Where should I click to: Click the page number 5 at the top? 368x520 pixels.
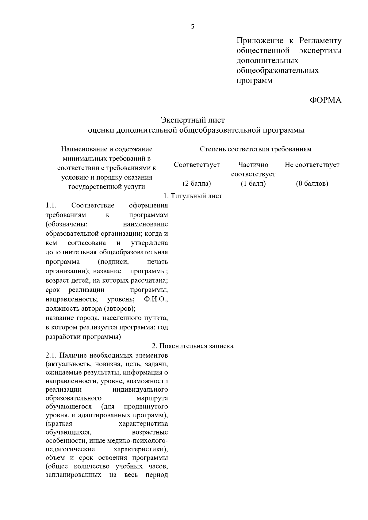[x=193, y=27]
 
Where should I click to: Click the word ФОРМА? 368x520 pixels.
[x=325, y=100]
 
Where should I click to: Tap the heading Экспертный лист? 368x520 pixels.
[x=193, y=120]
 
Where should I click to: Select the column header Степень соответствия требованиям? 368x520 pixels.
[x=255, y=149]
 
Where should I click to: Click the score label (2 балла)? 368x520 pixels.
[x=197, y=184]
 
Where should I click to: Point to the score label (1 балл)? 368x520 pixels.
[x=253, y=184]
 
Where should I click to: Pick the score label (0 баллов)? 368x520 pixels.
[x=312, y=184]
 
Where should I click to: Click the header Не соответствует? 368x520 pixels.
[x=312, y=165]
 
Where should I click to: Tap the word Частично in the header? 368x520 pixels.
[x=253, y=165]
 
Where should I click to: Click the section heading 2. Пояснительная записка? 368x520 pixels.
[x=193, y=346]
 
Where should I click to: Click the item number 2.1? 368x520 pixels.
[x=51, y=355]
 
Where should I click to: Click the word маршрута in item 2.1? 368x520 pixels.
[x=152, y=398]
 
